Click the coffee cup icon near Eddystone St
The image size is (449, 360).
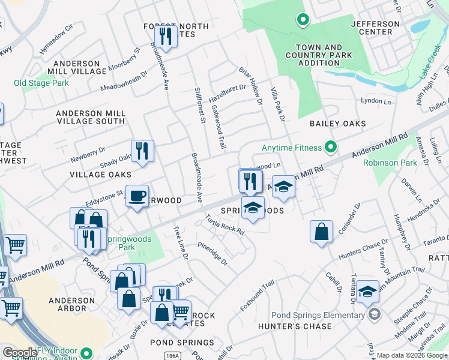[x=137, y=196]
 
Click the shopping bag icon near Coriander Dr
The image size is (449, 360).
[x=322, y=232]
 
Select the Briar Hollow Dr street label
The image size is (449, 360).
[x=251, y=86]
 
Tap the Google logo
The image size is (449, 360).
[x=20, y=353]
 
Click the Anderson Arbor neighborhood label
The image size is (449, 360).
[x=68, y=304]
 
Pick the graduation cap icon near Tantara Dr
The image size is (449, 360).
[x=367, y=292]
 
